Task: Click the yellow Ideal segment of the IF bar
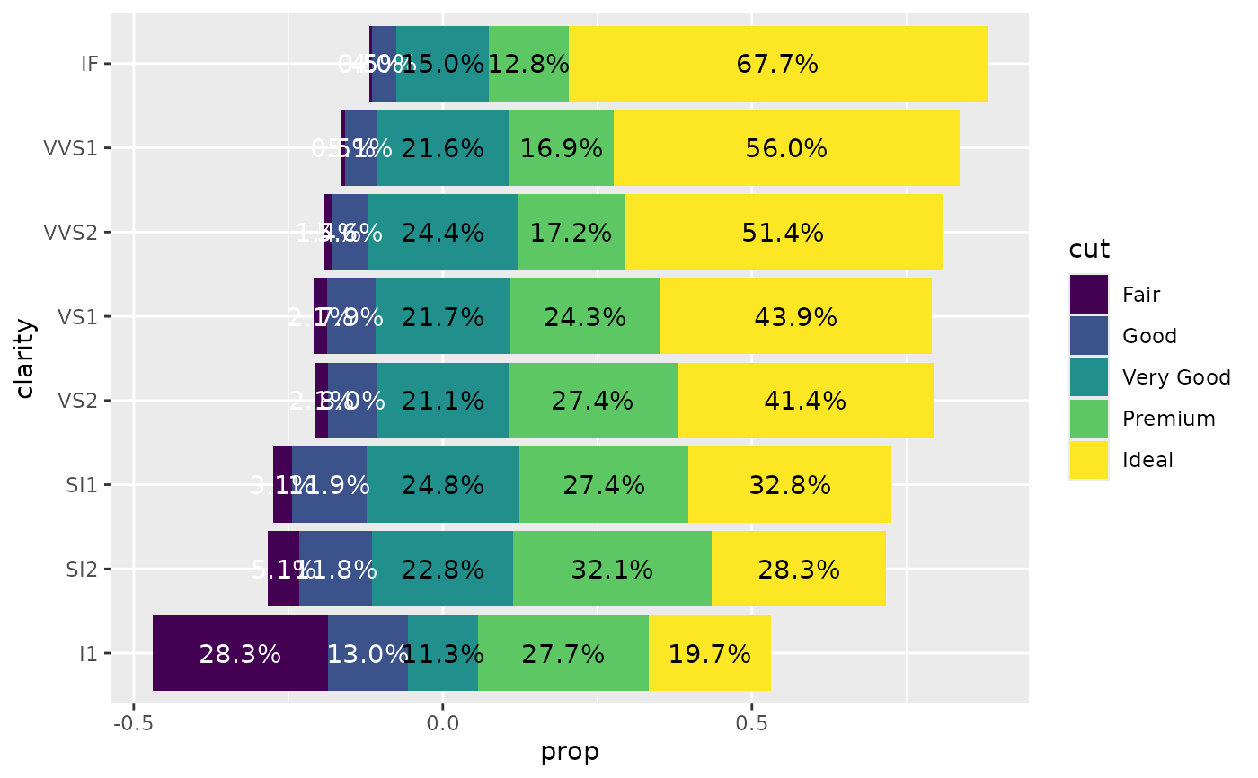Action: point(778,64)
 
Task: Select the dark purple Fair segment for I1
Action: point(240,653)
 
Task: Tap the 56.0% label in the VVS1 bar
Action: point(786,148)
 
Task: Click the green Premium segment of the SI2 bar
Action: point(612,569)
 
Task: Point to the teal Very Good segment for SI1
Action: point(443,485)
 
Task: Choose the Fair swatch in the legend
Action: point(1088,294)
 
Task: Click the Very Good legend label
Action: point(1176,377)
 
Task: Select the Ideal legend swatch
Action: point(1088,460)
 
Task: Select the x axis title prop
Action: point(570,752)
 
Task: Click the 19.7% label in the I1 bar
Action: point(710,653)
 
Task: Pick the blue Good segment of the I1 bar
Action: point(368,653)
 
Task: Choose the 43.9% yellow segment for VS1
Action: point(796,316)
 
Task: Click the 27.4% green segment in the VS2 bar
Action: point(592,401)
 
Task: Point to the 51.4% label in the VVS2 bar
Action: point(783,233)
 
